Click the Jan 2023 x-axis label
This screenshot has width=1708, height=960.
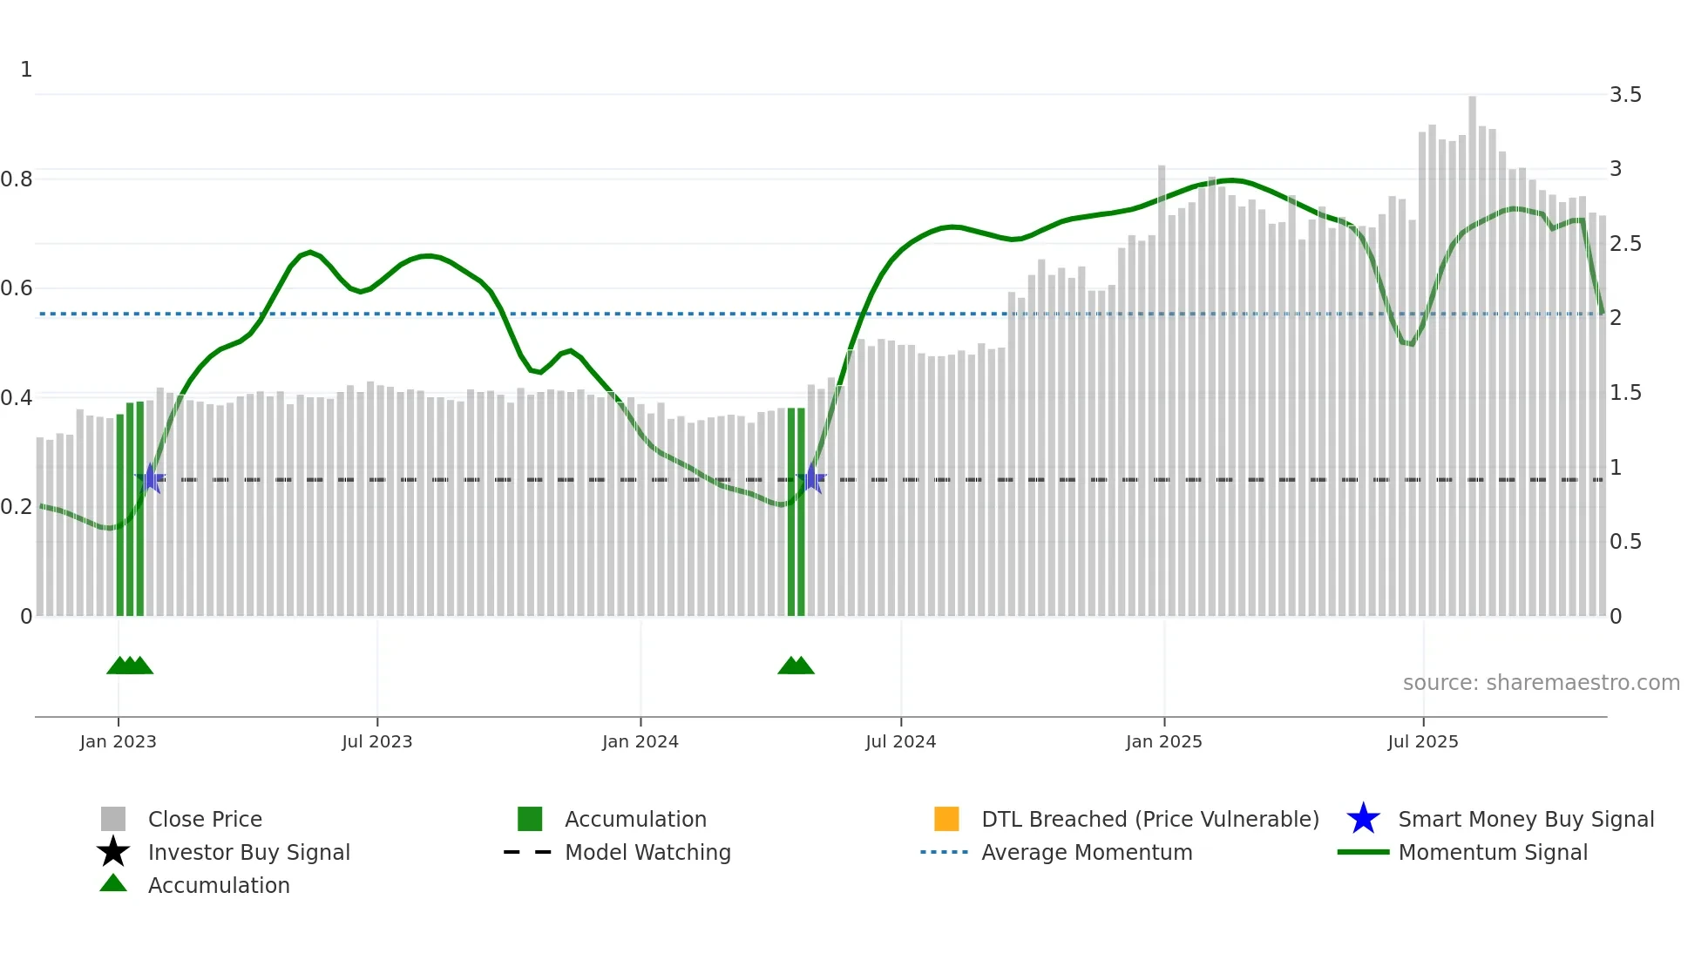pos(118,741)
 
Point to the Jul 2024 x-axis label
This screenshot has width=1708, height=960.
pos(900,741)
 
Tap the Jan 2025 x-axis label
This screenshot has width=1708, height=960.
pos(1163,741)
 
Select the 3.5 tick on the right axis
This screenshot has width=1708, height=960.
pos(1625,95)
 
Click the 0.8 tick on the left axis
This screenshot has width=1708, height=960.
pos(17,179)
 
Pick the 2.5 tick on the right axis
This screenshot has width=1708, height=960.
pos(1625,244)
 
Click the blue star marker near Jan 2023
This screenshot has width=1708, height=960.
pos(151,478)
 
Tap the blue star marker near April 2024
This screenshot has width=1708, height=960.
pos(811,478)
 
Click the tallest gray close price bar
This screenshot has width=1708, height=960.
pos(1472,348)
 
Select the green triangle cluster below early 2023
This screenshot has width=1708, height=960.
pos(130,666)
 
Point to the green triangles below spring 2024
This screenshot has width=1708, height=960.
pos(796,666)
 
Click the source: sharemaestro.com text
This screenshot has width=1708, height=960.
pos(1541,683)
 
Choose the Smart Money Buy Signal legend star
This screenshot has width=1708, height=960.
pos(1363,819)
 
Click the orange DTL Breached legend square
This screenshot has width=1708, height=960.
pos(946,819)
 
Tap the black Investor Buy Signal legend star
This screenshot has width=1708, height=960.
pos(113,852)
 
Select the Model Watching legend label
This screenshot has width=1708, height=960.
pos(647,852)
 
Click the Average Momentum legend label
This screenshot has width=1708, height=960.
pos(1087,852)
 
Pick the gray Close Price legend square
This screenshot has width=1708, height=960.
pos(113,819)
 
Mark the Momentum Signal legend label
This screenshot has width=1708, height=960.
pos(1493,852)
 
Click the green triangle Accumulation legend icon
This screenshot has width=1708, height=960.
pos(113,883)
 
